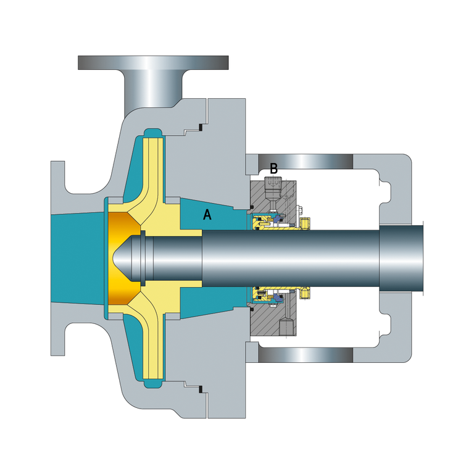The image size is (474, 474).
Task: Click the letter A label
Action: pos(207,214)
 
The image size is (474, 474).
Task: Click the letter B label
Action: pos(273,168)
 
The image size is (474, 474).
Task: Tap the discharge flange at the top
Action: pos(153,62)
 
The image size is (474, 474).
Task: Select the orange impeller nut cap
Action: pos(123,258)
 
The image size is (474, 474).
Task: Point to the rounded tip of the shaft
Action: pos(121,259)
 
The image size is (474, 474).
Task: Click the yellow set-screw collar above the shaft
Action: pos(305,223)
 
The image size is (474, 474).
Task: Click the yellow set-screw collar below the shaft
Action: pos(305,293)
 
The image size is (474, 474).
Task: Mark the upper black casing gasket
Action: pos(200,128)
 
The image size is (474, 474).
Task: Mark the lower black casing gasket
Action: pos(200,389)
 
